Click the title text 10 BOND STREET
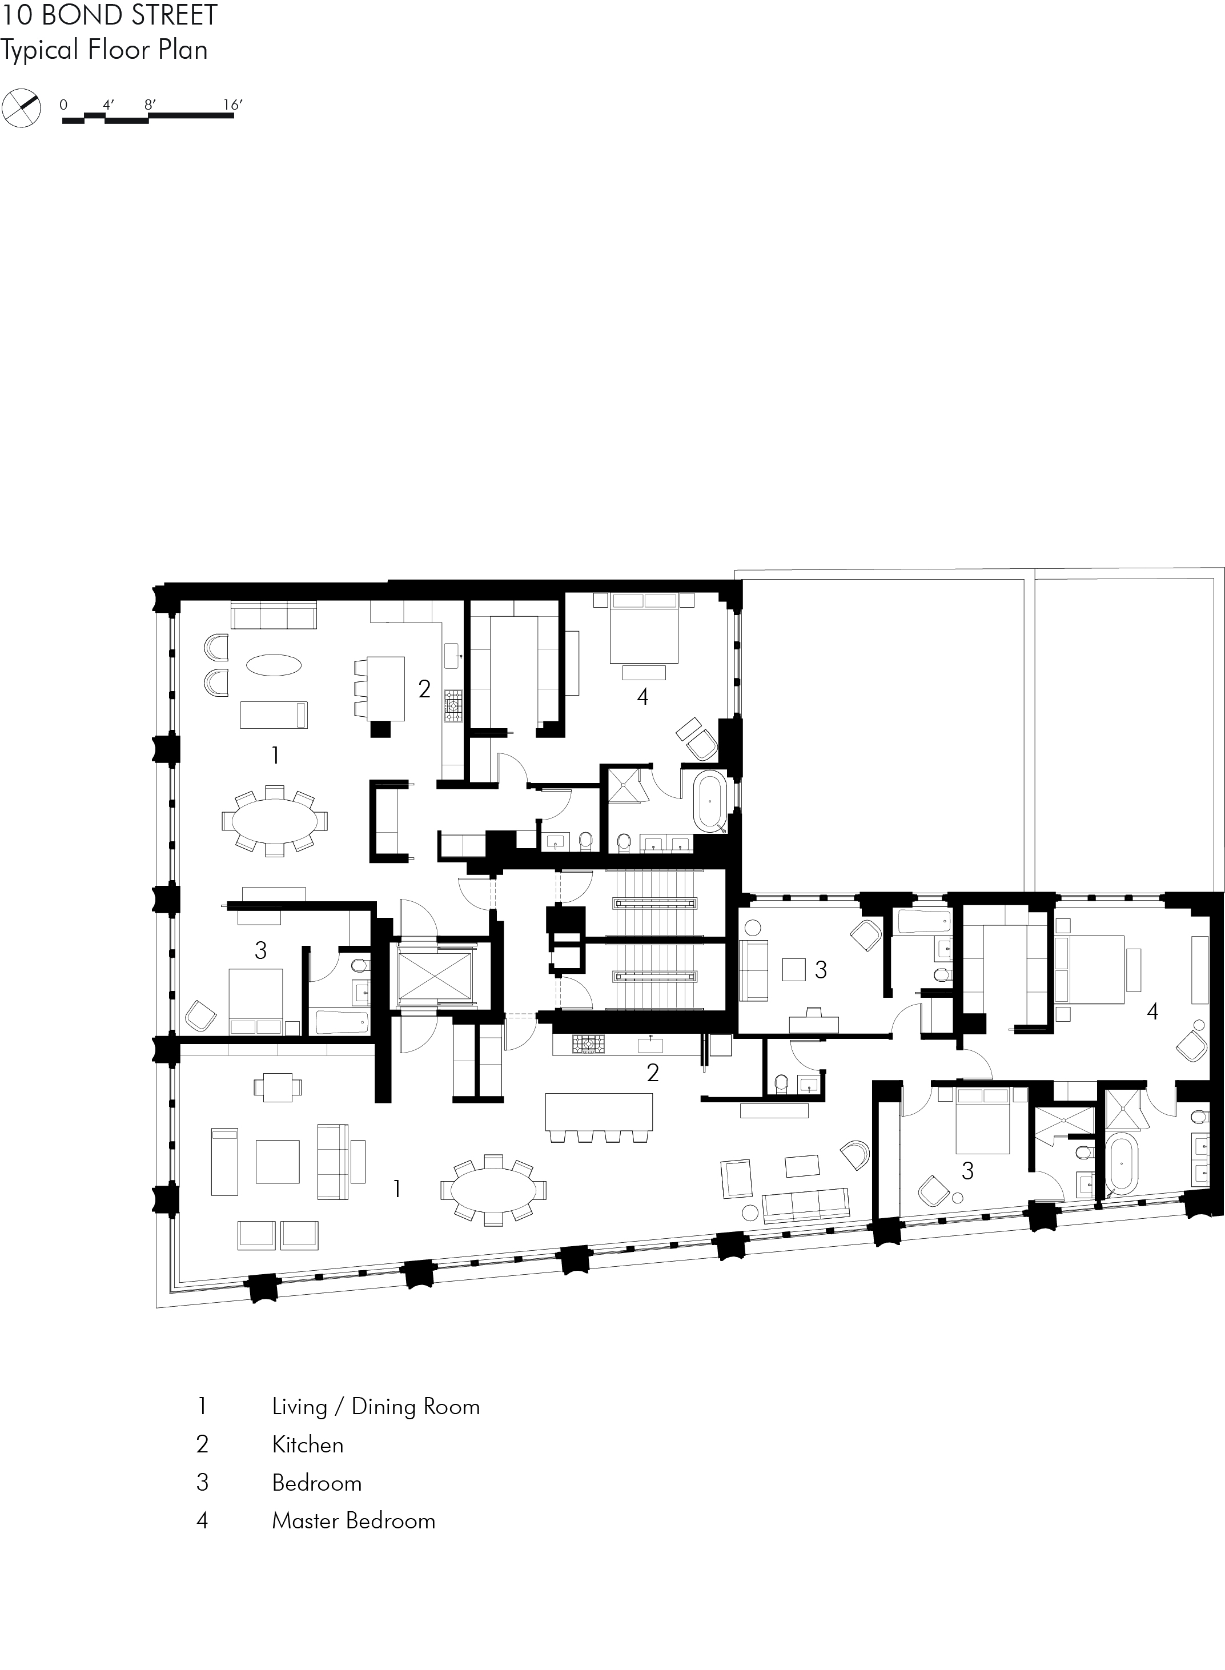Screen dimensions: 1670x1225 coord(110,15)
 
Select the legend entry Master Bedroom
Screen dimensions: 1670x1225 coord(353,1521)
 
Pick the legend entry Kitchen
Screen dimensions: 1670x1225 coord(308,1444)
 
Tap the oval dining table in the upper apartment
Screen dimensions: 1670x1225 coord(274,820)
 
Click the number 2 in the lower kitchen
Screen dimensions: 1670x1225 coord(653,1072)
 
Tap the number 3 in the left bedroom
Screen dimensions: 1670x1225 coord(260,951)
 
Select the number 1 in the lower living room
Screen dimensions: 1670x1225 coord(397,1189)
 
